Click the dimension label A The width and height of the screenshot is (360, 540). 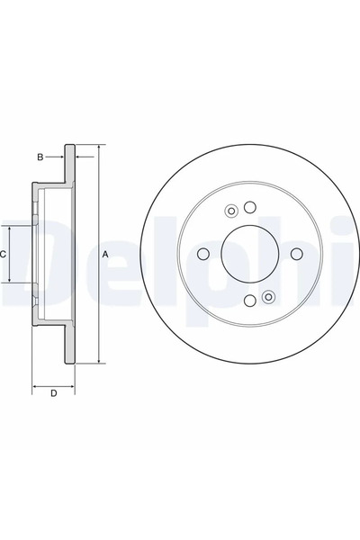(106, 255)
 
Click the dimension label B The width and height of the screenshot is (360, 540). (40, 157)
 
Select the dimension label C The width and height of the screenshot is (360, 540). (3, 255)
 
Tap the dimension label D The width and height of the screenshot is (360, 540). (53, 393)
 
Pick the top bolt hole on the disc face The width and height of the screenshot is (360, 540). (250, 207)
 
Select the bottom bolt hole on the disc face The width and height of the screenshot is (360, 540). (250, 301)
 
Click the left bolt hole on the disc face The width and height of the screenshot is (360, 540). (203, 254)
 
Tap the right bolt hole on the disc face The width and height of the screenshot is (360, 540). (296, 254)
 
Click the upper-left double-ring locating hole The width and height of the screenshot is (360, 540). (231, 211)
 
